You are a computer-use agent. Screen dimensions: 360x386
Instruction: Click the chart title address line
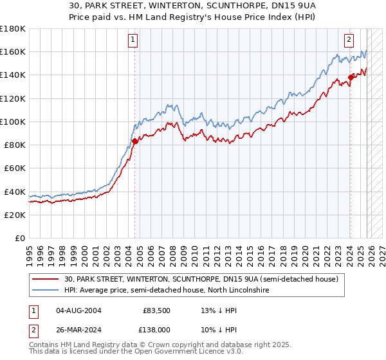[x=193, y=5]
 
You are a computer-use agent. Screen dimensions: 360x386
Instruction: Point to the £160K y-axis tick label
[x=13, y=52]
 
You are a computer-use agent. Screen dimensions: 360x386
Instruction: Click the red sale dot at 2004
[x=134, y=141]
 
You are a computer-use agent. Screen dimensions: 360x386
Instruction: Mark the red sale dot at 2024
[x=351, y=77]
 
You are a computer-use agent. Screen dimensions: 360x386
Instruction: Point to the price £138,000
[x=154, y=329]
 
